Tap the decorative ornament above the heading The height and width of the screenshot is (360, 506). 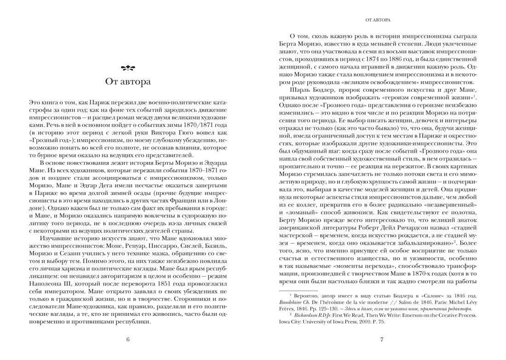coord(128,69)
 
